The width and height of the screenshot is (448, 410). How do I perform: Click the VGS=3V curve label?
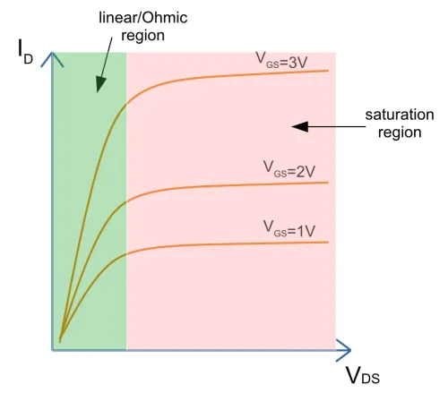[281, 60]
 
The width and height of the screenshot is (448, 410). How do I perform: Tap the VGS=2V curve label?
[289, 169]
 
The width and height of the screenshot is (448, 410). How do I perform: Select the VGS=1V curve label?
[289, 229]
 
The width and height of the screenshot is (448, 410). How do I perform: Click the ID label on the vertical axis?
[25, 52]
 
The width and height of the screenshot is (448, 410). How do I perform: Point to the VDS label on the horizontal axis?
[363, 375]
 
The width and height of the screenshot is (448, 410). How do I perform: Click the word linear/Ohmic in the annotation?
[143, 18]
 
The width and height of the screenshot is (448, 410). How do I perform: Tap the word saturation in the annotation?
[400, 115]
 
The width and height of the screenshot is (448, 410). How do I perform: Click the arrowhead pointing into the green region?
[100, 84]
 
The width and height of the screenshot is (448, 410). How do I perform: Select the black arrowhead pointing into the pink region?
[300, 126]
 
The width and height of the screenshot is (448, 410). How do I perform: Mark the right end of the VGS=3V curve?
[328, 71]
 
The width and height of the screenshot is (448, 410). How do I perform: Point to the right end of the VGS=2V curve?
[328, 183]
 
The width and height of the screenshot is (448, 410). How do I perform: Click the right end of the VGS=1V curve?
[328, 242]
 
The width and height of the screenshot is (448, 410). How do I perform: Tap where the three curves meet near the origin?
[60, 341]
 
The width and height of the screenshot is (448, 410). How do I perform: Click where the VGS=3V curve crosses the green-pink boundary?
[126, 104]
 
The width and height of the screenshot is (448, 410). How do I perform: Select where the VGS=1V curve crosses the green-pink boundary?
[126, 254]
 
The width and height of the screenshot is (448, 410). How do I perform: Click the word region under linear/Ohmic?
[142, 36]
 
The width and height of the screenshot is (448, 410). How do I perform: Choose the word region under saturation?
[400, 132]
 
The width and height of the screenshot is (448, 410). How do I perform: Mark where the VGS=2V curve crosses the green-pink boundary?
[126, 201]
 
